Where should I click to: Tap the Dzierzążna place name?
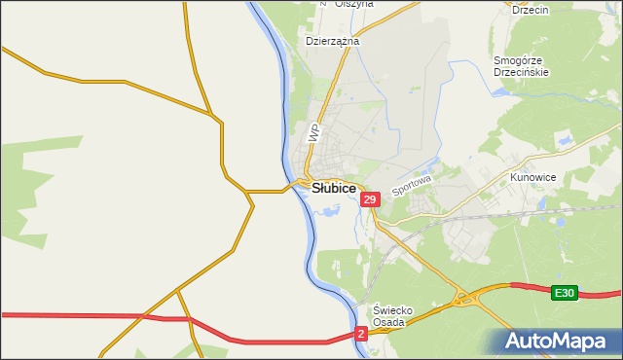[x=333, y=42]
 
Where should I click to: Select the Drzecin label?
[x=531, y=9]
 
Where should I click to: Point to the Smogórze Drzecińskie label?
[x=522, y=66]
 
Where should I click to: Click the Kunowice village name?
[x=532, y=178]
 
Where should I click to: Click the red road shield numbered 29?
[x=369, y=198]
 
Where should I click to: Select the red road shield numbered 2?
[x=361, y=333]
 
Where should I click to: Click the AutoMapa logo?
[x=559, y=342]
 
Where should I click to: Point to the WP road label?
[x=313, y=133]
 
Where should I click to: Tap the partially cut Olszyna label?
[x=353, y=4]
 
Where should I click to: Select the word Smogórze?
[x=522, y=60]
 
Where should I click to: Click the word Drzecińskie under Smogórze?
[x=522, y=72]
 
